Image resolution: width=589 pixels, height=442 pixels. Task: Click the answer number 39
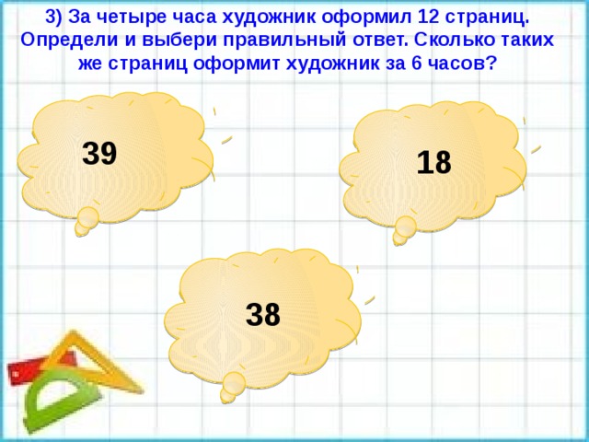pyautogui.click(x=98, y=153)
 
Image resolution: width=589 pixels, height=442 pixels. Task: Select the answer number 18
pyautogui.click(x=433, y=163)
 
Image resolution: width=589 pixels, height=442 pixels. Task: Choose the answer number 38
pyautogui.click(x=263, y=315)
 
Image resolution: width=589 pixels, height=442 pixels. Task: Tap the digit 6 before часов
pyautogui.click(x=410, y=64)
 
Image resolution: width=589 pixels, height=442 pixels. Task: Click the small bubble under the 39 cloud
pyautogui.click(x=86, y=220)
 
